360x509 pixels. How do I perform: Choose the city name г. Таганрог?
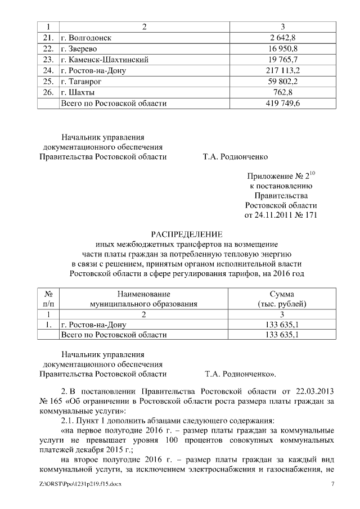[83, 82]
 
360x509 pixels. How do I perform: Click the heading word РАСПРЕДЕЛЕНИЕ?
[187, 234]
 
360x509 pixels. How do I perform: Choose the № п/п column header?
[48, 299]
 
